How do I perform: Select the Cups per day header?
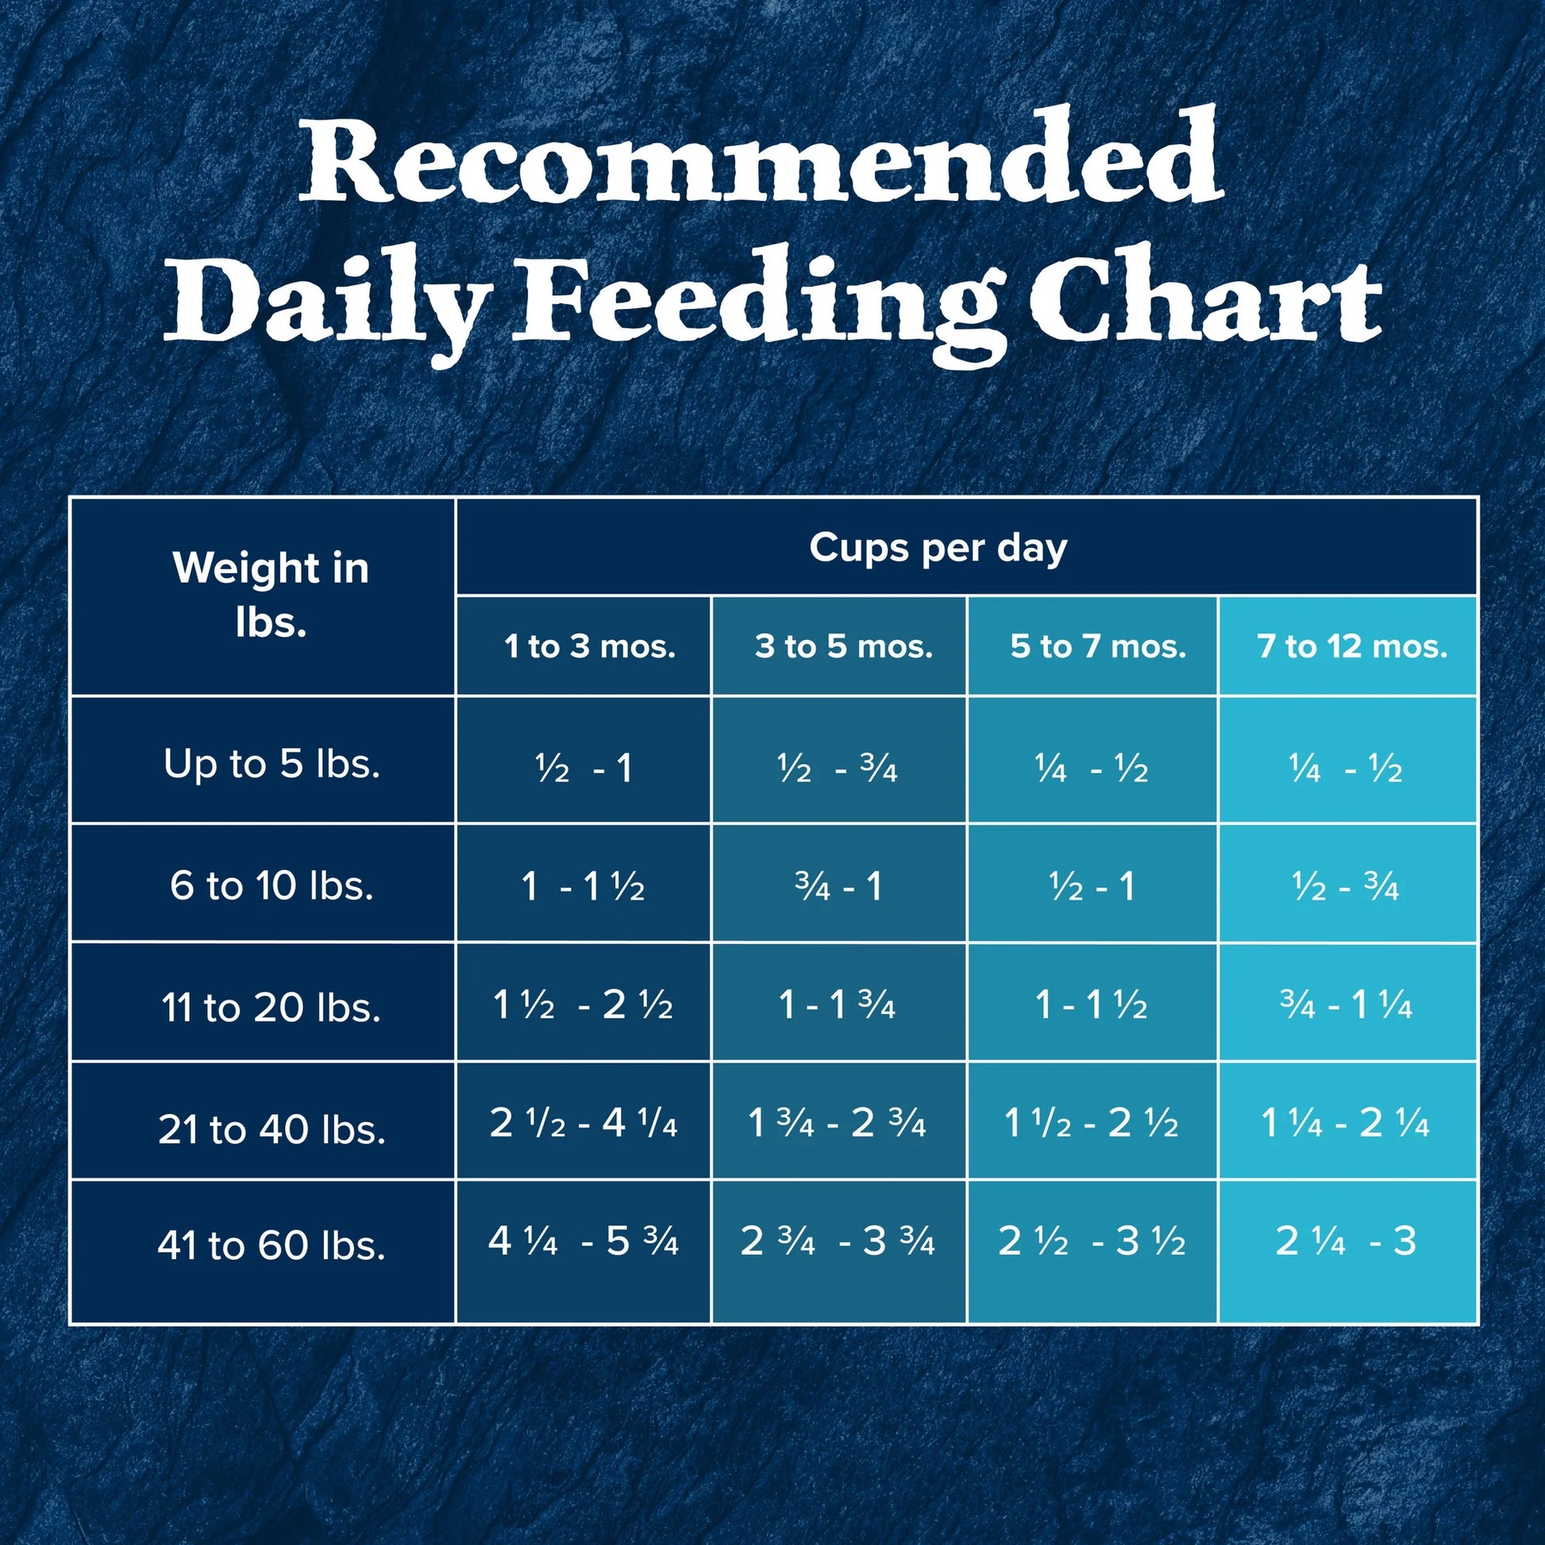[938, 549]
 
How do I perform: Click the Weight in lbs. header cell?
[270, 595]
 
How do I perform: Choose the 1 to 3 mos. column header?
[589, 646]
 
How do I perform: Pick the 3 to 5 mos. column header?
[844, 646]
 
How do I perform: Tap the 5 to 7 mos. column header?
[1097, 646]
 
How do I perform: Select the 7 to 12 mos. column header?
[1352, 646]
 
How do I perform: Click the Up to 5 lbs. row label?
[271, 765]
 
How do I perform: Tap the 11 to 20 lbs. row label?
[271, 1007]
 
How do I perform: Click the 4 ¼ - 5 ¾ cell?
[583, 1241]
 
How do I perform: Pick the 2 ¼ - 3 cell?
[1346, 1241]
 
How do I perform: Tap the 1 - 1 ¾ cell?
[837, 1005]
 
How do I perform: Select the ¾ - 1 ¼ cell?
[1346, 1005]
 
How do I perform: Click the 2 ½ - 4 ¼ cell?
[583, 1124]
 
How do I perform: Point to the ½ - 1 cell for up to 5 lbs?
[583, 769]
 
